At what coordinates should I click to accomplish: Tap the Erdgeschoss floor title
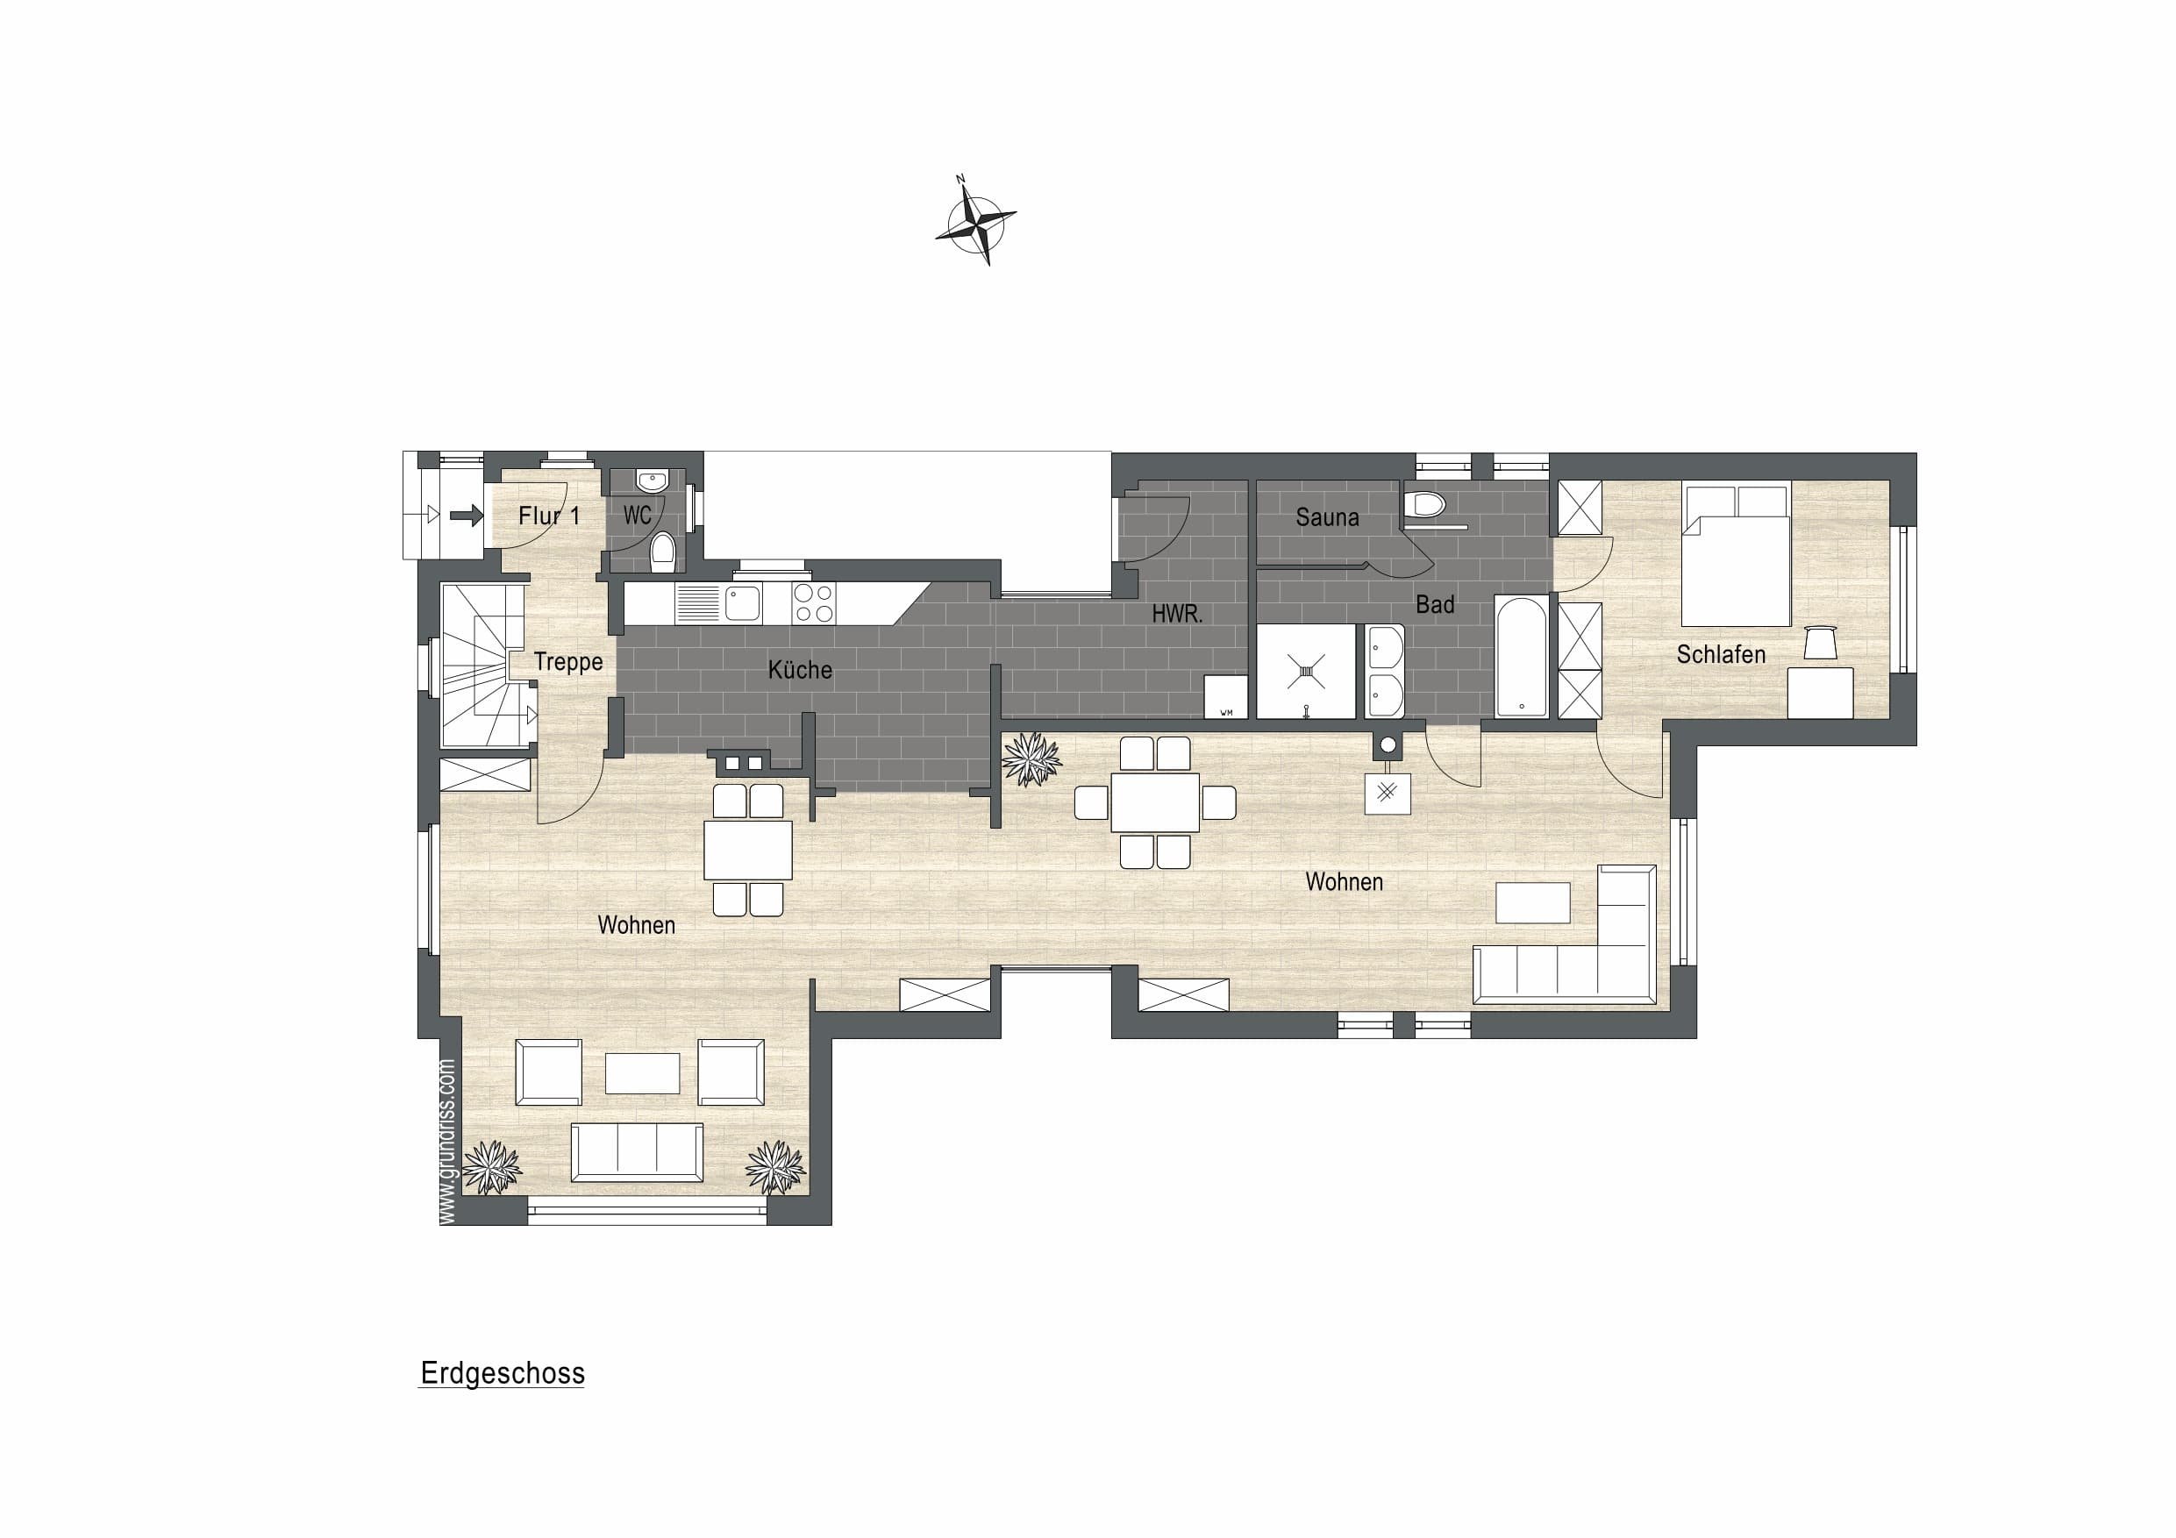click(x=503, y=1373)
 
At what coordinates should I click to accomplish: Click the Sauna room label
click(x=1327, y=517)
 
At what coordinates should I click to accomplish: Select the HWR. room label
click(x=1177, y=614)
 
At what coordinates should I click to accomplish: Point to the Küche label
click(x=800, y=670)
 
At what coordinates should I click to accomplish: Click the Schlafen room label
click(x=1721, y=654)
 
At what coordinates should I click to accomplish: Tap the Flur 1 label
click(x=549, y=516)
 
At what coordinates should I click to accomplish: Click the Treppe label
click(x=567, y=661)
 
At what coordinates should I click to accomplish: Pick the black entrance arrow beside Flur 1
click(x=467, y=516)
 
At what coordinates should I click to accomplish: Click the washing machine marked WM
click(x=1225, y=696)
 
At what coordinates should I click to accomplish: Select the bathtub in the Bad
click(x=1521, y=656)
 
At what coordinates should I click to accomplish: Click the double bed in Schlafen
click(x=1737, y=553)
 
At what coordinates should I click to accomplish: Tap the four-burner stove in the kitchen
click(x=814, y=602)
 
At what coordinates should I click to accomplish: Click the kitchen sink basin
click(x=742, y=602)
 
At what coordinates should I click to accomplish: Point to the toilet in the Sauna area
click(x=1424, y=503)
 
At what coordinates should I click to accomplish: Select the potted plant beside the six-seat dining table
click(x=1031, y=758)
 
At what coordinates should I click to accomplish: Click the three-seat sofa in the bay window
click(x=637, y=1152)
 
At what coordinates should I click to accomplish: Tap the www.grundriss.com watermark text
click(x=448, y=1141)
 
